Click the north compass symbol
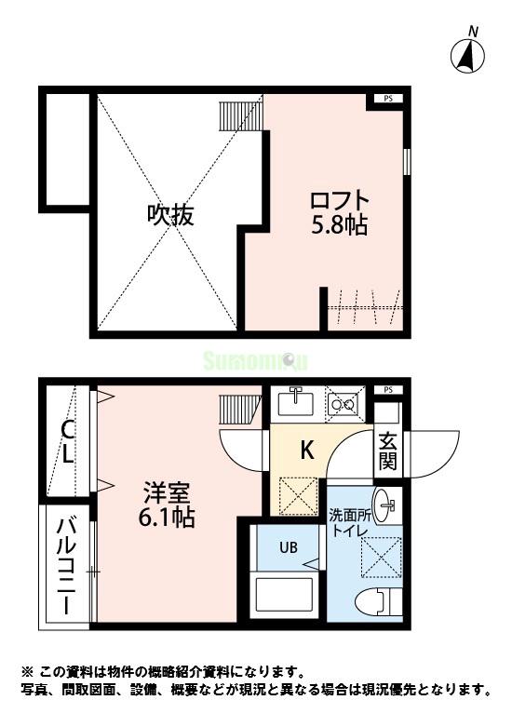point(468,57)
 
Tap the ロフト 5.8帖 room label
point(340,212)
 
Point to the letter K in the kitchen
point(306,451)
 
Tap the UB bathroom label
point(289,547)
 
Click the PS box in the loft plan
point(388,98)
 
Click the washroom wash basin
point(386,504)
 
